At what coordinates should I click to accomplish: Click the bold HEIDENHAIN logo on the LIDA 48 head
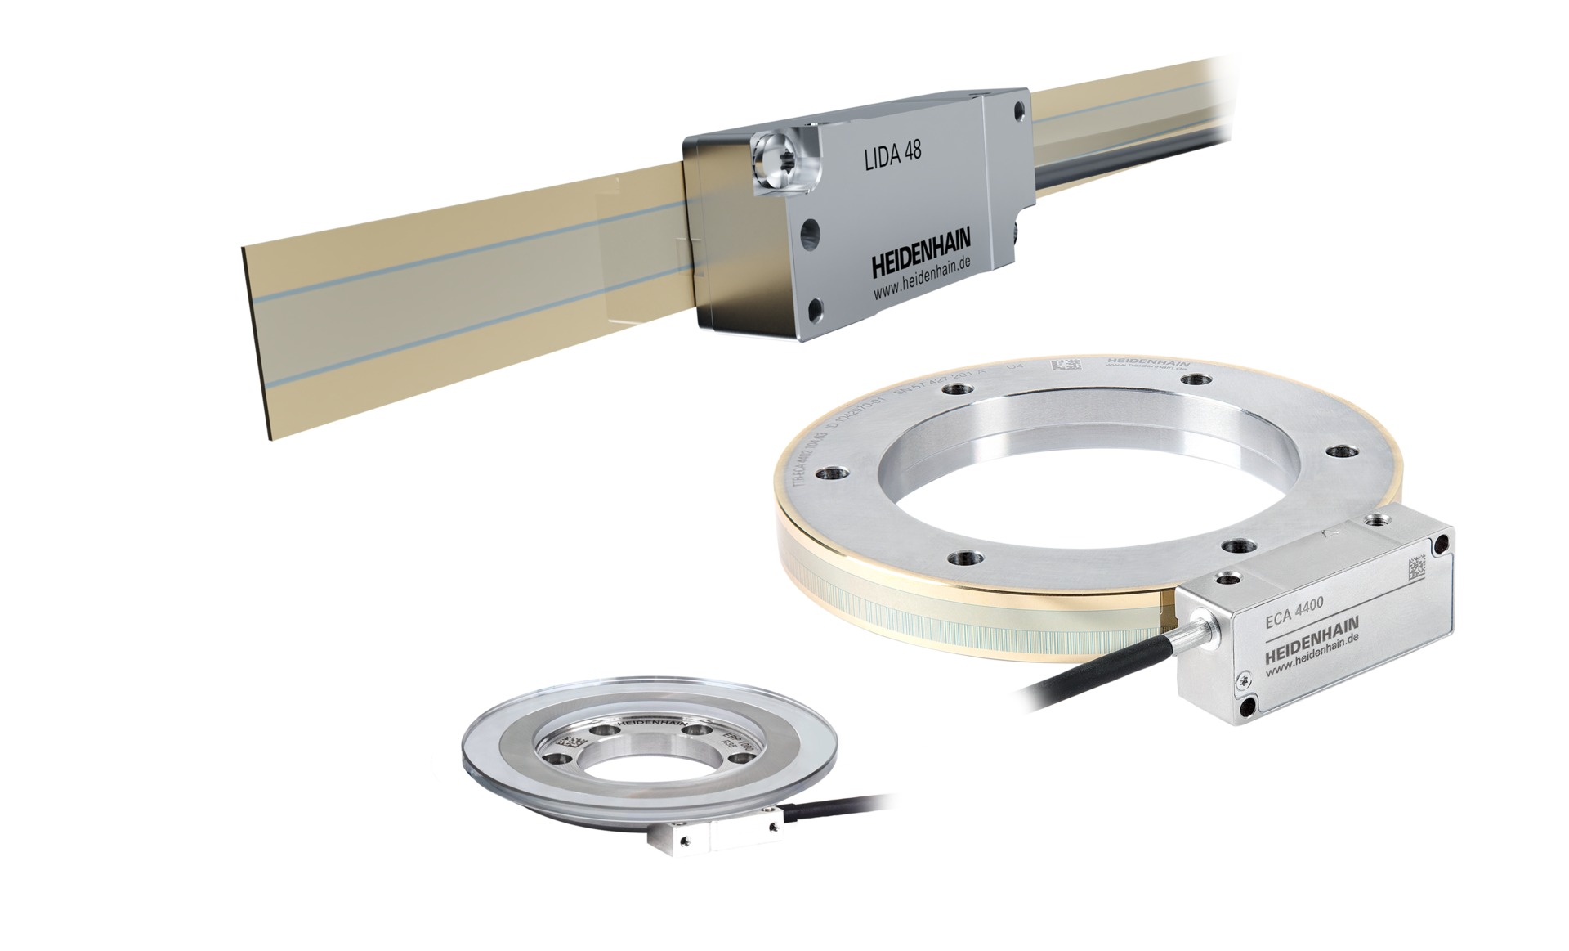pyautogui.click(x=920, y=267)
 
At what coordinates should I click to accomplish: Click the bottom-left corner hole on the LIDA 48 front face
pyautogui.click(x=814, y=309)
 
